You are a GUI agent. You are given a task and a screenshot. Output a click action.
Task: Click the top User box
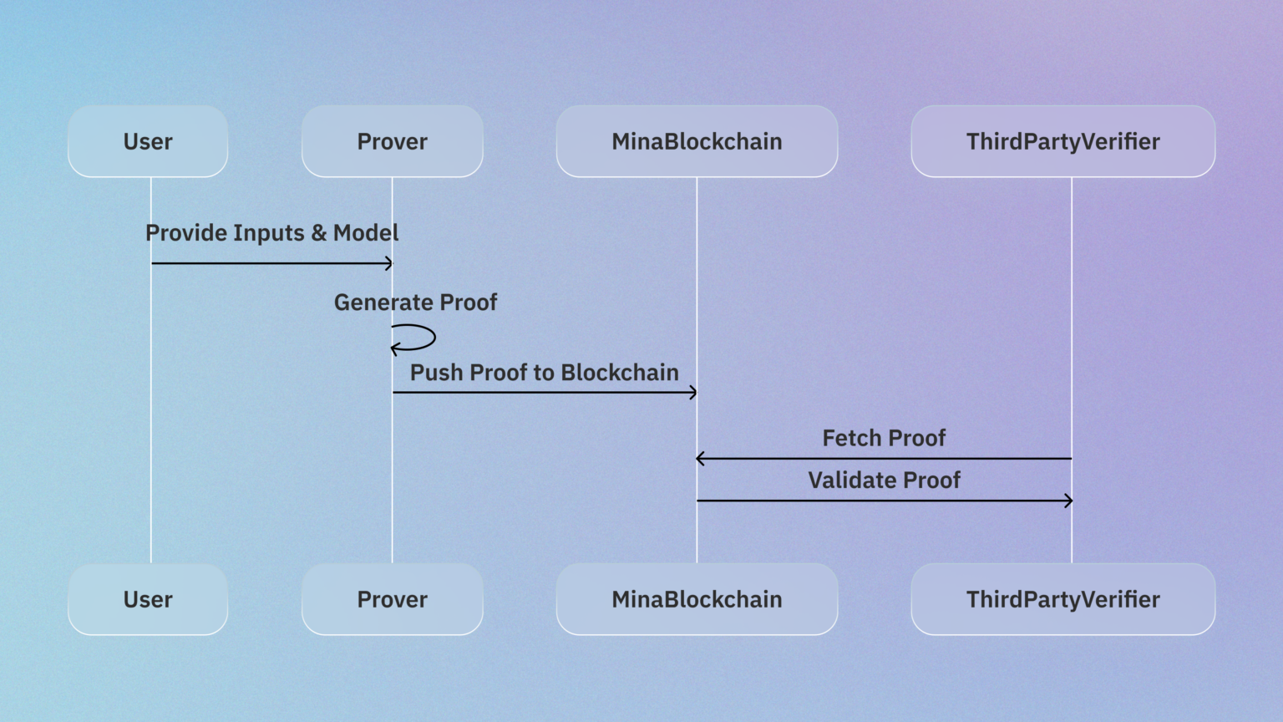[148, 141]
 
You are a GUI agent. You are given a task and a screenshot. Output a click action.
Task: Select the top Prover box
[392, 141]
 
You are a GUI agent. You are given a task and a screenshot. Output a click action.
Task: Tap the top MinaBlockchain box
[697, 141]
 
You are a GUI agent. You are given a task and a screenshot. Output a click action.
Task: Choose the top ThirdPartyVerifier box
[1062, 141]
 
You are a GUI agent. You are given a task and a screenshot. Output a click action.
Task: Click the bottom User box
[148, 599]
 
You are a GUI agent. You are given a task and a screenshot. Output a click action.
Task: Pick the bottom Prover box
[392, 599]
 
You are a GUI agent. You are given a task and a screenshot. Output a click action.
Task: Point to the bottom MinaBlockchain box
[697, 599]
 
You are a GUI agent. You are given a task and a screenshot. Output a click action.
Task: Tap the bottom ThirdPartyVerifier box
[1062, 599]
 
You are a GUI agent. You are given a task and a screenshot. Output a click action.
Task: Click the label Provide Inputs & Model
[271, 233]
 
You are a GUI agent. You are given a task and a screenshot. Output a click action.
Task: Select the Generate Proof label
[415, 303]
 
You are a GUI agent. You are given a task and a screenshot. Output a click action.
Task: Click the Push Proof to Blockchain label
[544, 373]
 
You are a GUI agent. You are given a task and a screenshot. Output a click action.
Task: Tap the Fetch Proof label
[884, 439]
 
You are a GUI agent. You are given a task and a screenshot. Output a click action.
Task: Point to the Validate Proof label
[884, 480]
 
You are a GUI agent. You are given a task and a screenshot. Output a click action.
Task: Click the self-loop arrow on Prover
[426, 338]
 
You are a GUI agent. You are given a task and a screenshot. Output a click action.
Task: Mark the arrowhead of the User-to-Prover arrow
[388, 264]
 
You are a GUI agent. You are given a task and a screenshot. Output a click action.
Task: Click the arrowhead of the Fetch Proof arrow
[700, 459]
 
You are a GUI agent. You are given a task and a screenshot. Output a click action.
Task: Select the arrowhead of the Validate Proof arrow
[1068, 501]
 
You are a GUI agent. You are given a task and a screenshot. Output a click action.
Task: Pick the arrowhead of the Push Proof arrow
[692, 393]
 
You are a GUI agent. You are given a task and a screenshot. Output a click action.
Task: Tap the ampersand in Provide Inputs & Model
[318, 233]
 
